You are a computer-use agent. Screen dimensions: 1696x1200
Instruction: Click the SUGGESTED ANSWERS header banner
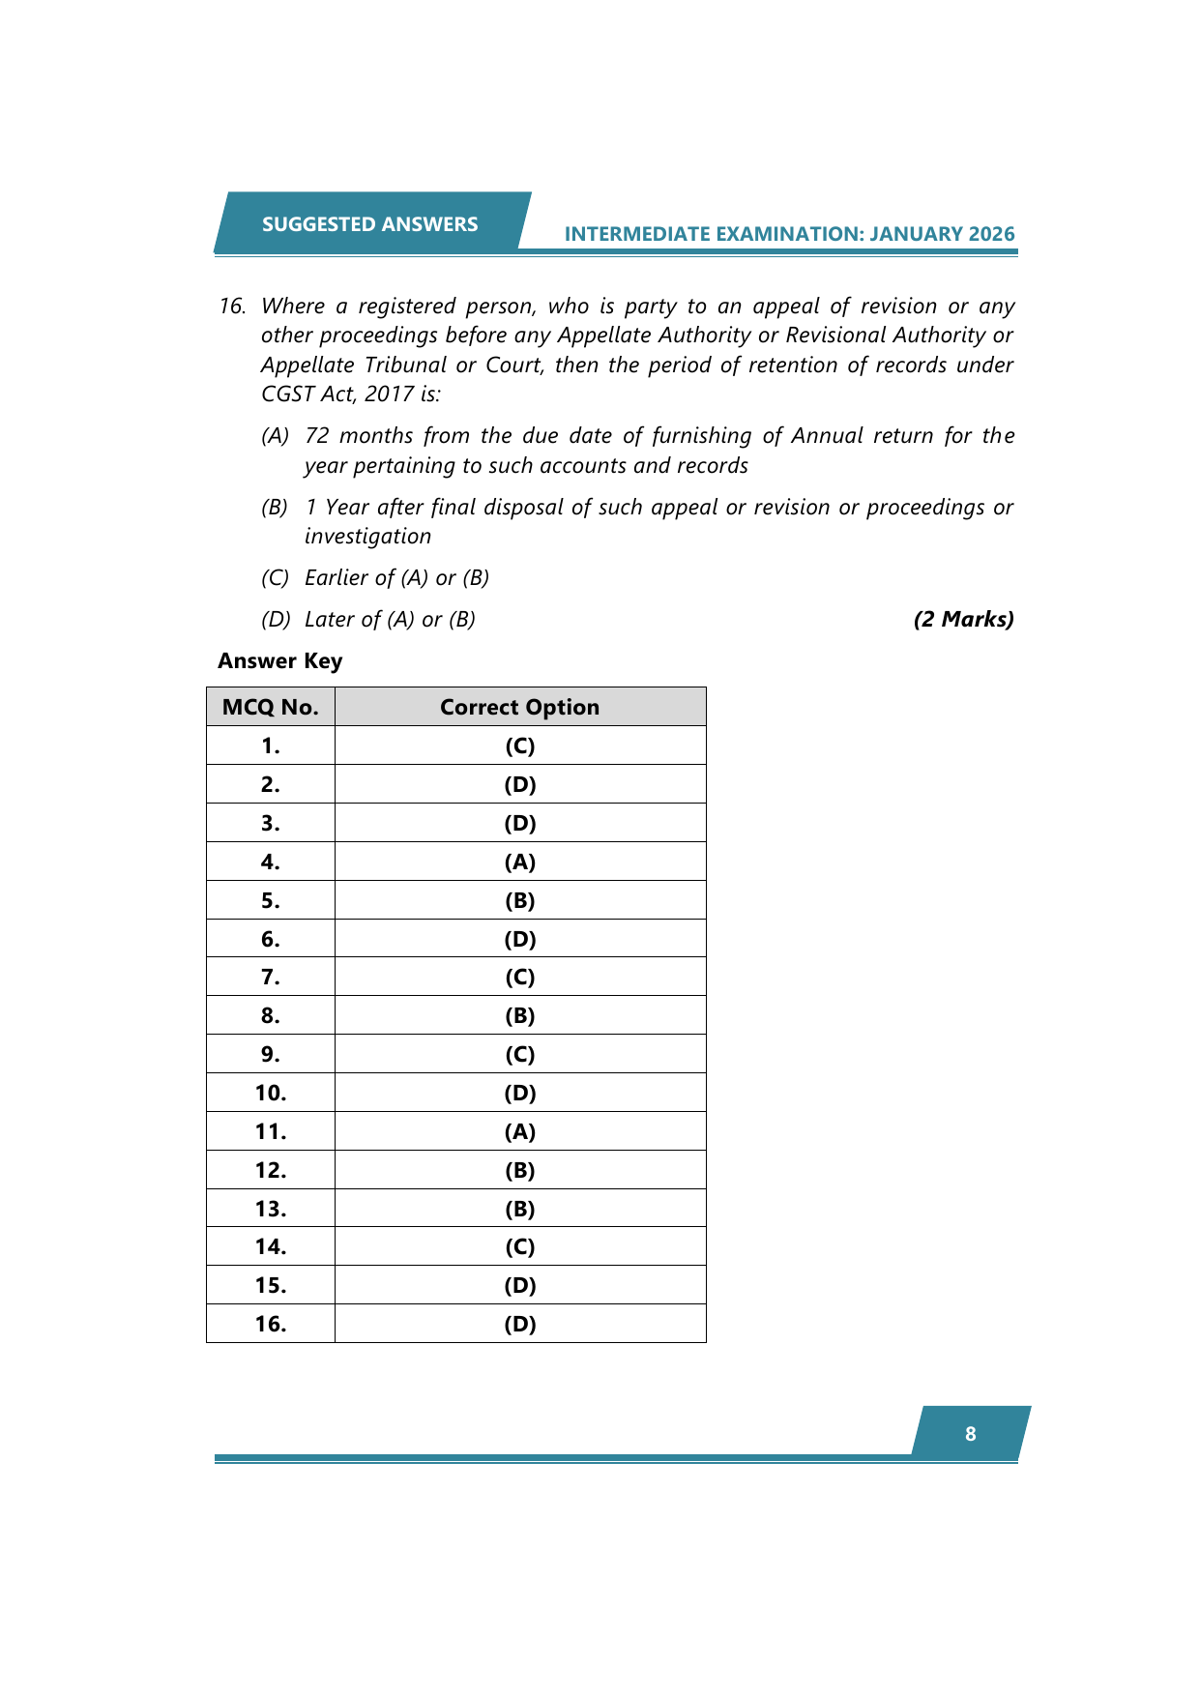(x=369, y=224)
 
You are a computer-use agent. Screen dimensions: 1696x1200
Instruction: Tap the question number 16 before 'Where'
(x=231, y=307)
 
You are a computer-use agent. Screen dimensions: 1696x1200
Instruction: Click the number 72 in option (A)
(x=317, y=436)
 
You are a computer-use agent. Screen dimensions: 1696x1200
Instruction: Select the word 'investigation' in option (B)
(x=367, y=537)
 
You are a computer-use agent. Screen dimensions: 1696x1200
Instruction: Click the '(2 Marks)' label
(x=963, y=620)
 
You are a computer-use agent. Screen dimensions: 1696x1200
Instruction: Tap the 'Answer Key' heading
(x=279, y=661)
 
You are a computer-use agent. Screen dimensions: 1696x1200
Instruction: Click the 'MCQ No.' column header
(x=271, y=707)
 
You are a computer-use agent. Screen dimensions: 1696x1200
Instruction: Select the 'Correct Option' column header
(x=519, y=707)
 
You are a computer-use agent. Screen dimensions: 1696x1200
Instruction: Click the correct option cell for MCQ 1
(x=519, y=746)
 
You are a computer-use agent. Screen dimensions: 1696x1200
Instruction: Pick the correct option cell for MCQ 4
(x=519, y=862)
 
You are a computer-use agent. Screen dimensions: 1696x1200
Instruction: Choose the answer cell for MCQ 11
(x=519, y=1131)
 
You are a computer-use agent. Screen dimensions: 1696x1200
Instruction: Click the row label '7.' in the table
(x=271, y=977)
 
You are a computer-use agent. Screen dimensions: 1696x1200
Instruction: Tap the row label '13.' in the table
(x=271, y=1209)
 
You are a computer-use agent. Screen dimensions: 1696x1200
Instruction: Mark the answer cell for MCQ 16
(x=519, y=1324)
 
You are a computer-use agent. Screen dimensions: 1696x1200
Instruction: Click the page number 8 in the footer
(x=971, y=1434)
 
